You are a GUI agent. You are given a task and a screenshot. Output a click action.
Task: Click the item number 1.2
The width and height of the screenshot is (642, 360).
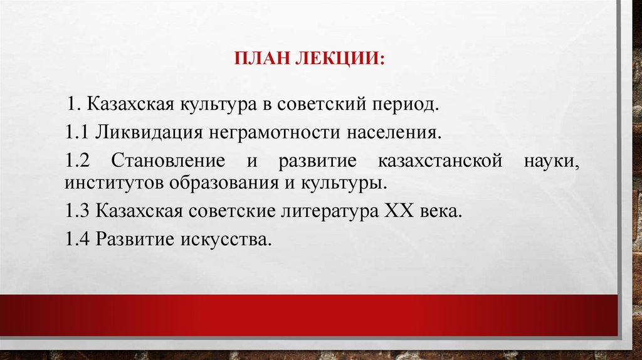pyautogui.click(x=78, y=160)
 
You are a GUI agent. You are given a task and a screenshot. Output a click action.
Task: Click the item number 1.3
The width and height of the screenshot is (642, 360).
pyautogui.click(x=78, y=211)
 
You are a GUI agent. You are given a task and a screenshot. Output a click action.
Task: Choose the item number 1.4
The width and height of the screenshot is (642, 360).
pyautogui.click(x=78, y=239)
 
